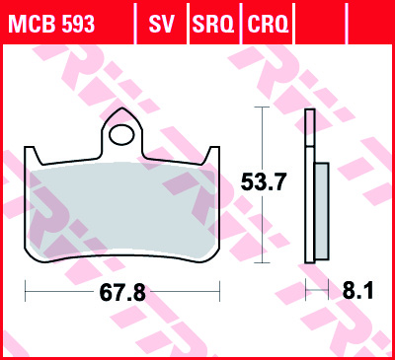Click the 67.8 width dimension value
122,293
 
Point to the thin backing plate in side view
309,187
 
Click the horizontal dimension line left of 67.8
59,293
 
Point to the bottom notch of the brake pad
122,258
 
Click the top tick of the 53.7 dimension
261,108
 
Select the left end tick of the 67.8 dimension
27,293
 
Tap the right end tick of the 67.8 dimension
218,293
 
